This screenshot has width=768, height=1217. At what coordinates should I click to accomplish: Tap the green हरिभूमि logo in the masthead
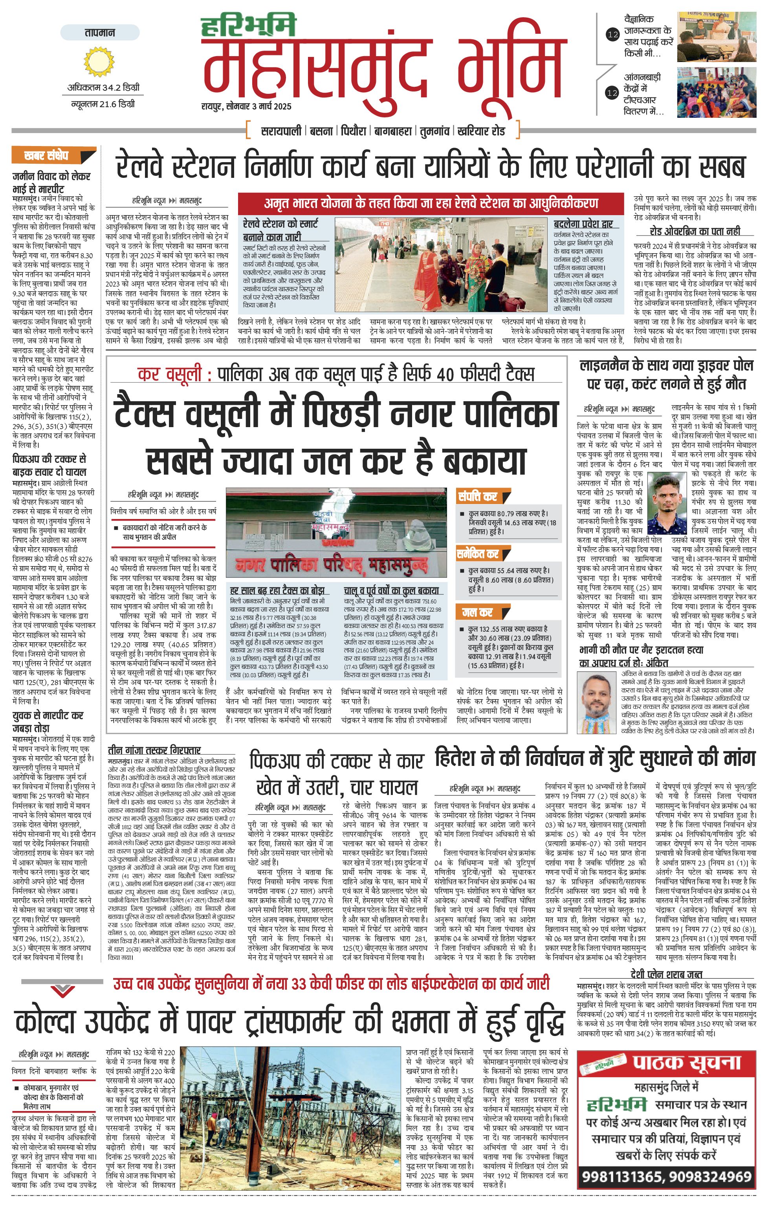[x=248, y=27]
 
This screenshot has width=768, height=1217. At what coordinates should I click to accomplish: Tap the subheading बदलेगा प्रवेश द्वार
[x=583, y=223]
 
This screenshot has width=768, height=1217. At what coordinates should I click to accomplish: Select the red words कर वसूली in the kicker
[x=169, y=375]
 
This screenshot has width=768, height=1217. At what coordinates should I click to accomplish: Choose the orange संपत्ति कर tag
[x=478, y=496]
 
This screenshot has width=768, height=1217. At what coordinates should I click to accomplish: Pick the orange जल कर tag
[x=477, y=612]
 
